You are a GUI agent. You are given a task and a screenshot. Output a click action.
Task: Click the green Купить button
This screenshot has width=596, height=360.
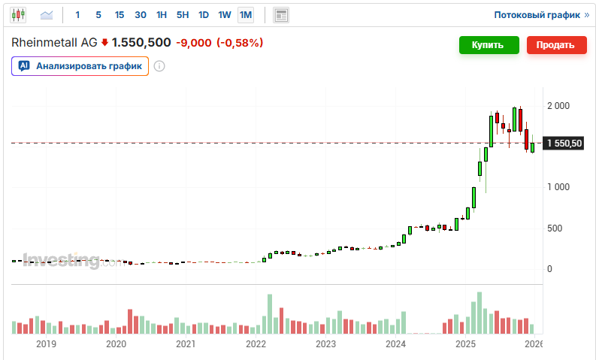tap(489, 45)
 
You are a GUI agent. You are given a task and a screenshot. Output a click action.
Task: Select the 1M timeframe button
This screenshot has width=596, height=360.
tap(246, 14)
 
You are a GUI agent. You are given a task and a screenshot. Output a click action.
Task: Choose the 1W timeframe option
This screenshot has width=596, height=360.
tap(224, 14)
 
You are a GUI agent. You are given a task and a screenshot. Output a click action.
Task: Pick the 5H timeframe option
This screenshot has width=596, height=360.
tap(183, 14)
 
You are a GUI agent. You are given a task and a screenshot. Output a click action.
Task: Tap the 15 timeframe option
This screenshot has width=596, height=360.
tap(120, 14)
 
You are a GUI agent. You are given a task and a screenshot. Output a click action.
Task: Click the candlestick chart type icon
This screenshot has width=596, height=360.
tap(18, 14)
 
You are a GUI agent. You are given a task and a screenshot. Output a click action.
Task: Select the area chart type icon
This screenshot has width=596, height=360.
tap(47, 14)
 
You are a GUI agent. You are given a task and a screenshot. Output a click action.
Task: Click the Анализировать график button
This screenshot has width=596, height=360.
tap(80, 66)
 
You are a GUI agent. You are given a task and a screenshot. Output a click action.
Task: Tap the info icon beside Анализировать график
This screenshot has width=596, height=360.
tap(159, 66)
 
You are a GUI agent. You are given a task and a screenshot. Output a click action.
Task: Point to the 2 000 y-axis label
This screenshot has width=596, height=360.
tap(559, 106)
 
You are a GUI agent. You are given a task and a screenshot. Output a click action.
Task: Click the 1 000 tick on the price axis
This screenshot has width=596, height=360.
tap(559, 187)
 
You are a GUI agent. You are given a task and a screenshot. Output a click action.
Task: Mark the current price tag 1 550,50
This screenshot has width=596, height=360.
tap(564, 143)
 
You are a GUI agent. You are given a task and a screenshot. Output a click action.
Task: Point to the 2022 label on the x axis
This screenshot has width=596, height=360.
tap(256, 344)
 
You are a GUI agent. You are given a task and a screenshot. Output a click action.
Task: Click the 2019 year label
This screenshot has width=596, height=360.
tap(46, 344)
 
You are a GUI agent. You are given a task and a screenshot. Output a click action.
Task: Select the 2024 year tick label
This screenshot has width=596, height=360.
tap(395, 344)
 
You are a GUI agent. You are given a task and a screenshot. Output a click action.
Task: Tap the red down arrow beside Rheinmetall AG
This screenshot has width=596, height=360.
tap(104, 43)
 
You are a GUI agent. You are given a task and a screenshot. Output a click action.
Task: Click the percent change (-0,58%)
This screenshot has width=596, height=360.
tap(240, 43)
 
